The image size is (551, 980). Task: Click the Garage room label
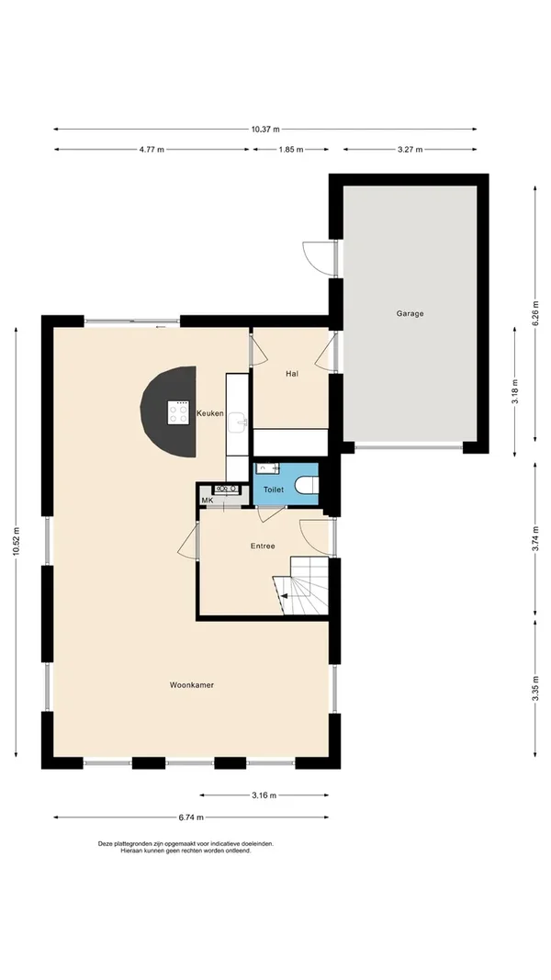410,313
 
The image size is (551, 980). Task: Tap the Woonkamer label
192,685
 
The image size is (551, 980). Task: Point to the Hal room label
292,374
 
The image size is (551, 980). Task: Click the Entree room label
263,546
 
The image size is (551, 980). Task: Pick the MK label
207,500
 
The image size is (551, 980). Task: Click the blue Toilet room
274,490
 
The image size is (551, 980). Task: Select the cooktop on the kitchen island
178,413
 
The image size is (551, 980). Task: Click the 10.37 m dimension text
265,130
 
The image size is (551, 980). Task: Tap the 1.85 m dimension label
290,150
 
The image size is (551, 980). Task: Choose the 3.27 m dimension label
410,150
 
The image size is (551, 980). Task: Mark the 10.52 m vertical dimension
17,542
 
